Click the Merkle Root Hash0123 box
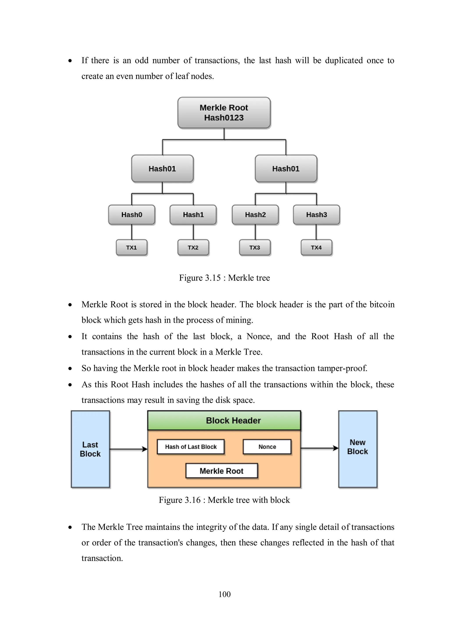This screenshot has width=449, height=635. (x=224, y=113)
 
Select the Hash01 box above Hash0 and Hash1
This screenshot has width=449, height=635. (x=162, y=168)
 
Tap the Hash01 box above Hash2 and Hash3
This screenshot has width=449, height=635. (x=286, y=168)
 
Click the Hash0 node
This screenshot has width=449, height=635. (x=132, y=215)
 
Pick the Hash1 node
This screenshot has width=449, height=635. (x=193, y=215)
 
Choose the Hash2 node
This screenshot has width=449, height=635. (x=255, y=215)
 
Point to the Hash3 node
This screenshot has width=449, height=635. (x=317, y=215)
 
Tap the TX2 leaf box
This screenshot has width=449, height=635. (x=193, y=247)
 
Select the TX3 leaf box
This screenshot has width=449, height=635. (x=255, y=247)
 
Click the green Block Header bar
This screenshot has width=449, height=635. (x=224, y=420)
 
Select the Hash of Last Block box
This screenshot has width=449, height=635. (x=191, y=447)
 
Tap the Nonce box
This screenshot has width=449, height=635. (x=267, y=447)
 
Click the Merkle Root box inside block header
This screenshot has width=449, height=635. (x=222, y=471)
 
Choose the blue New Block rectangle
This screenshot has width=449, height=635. (x=358, y=449)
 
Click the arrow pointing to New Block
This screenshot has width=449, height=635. (x=319, y=448)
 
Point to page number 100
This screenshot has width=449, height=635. (x=224, y=594)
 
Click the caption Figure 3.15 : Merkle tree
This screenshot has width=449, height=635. (x=224, y=278)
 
